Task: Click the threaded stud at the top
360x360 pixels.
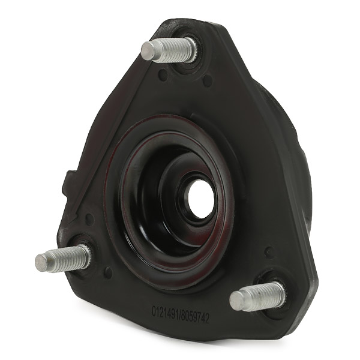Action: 169,50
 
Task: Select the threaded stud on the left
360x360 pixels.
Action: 63,258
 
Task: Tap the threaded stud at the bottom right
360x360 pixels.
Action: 258,296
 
